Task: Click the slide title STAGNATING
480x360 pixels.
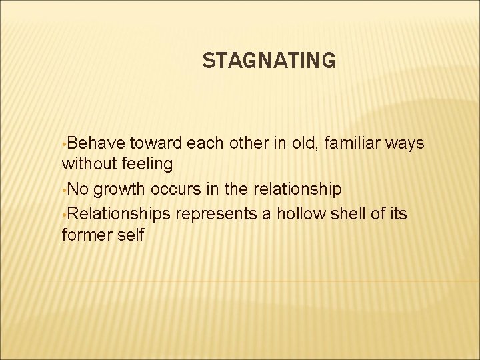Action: tap(269, 61)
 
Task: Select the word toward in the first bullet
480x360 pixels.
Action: tap(157, 143)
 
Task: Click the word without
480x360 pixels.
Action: tap(87, 163)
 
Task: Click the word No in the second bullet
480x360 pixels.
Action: tap(79, 190)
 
